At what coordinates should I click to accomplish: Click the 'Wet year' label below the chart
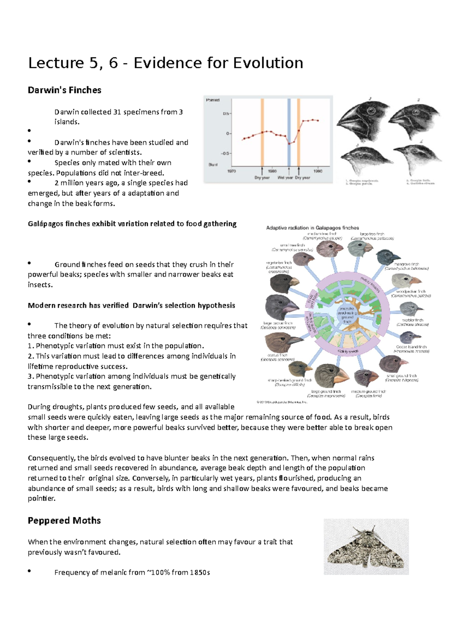[x=285, y=178]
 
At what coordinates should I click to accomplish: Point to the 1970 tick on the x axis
[x=232, y=171]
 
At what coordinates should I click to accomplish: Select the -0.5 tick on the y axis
[x=225, y=153]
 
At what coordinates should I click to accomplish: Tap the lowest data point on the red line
[x=289, y=143]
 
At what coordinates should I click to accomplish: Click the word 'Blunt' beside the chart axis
[x=213, y=165]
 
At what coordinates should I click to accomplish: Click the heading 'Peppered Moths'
[x=64, y=520]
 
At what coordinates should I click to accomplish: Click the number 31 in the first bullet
[x=117, y=112]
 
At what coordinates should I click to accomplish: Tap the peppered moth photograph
[x=366, y=547]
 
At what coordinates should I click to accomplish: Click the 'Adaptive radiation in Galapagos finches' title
[x=312, y=228]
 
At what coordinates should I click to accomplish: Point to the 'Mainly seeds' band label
[x=348, y=352]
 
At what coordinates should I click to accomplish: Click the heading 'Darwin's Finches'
[x=64, y=90]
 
